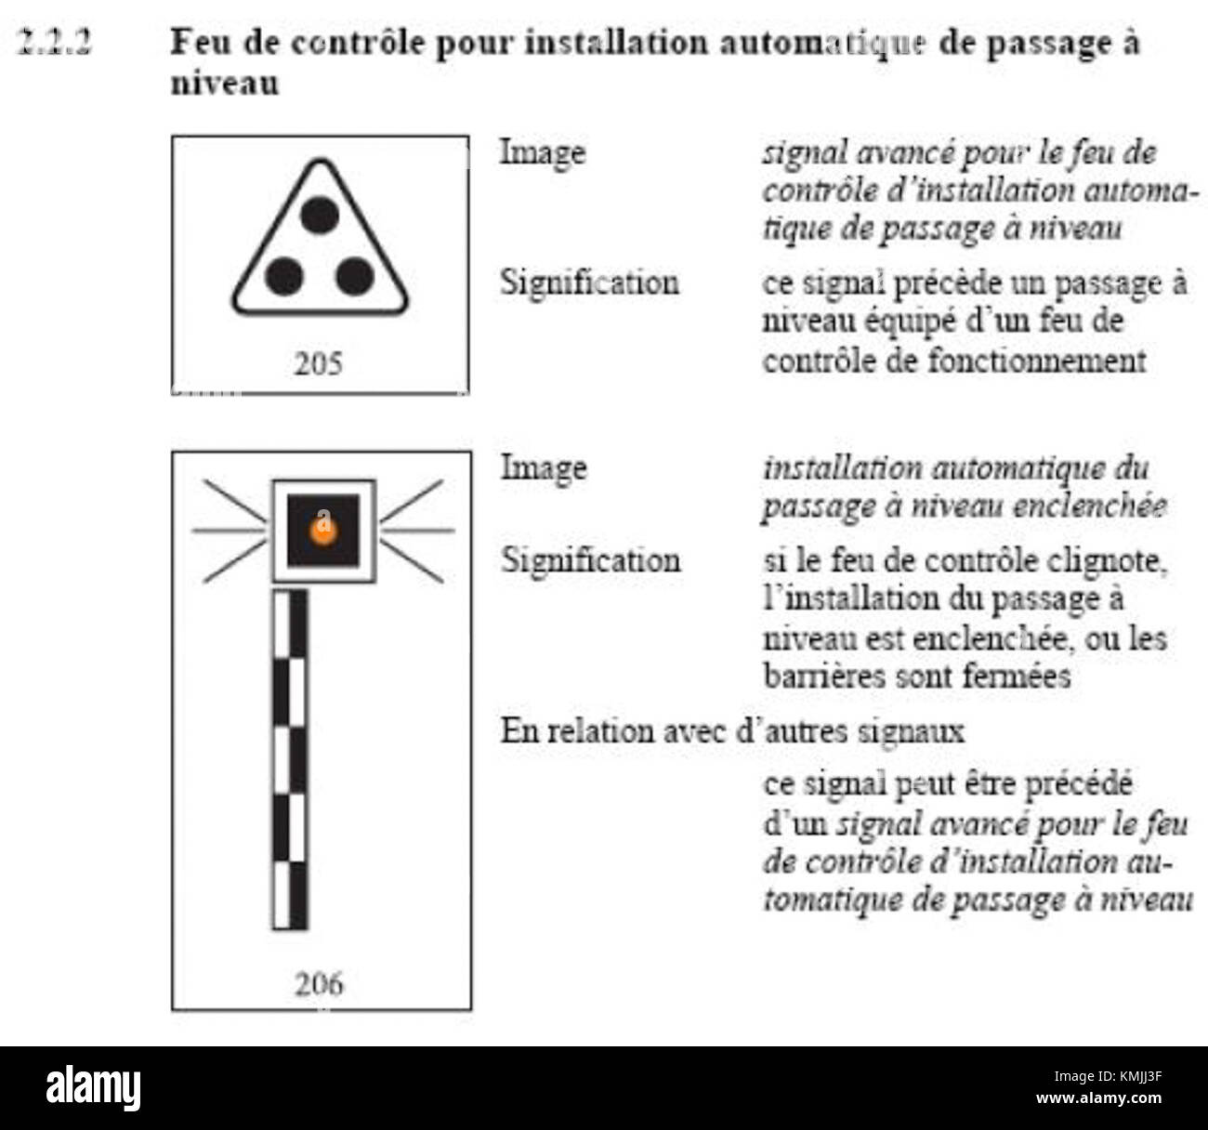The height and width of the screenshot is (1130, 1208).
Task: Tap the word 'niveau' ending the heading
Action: click(225, 83)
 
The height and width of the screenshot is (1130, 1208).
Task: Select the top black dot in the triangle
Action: click(321, 216)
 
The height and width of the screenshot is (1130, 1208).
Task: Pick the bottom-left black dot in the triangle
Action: click(284, 276)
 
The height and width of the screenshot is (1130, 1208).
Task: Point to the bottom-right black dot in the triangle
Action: click(355, 276)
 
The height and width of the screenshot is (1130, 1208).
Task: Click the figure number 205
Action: click(318, 363)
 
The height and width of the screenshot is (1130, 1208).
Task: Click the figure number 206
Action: click(319, 983)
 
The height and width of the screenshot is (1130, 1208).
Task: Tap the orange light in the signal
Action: click(322, 532)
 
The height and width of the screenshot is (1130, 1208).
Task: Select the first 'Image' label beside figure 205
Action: click(543, 151)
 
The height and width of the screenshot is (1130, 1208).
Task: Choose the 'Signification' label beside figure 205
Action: click(589, 282)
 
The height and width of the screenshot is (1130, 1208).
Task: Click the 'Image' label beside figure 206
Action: click(543, 466)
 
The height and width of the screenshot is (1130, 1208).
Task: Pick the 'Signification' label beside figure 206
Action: click(589, 559)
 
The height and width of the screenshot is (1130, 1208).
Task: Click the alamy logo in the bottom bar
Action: click(94, 1087)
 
